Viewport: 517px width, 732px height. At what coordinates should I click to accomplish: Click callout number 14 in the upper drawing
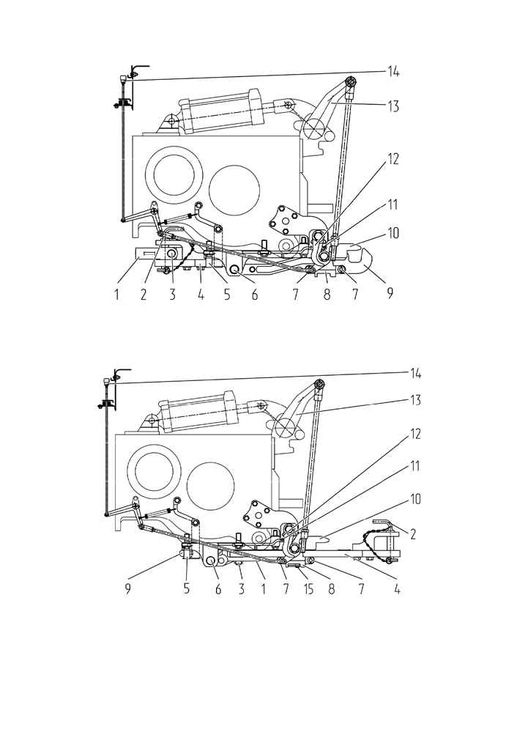393,72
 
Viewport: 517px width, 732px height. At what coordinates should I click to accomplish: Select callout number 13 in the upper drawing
393,106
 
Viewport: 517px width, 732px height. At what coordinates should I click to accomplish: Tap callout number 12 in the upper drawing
393,159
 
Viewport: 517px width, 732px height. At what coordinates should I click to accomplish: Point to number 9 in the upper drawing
390,293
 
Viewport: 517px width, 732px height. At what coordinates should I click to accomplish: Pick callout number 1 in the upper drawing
116,295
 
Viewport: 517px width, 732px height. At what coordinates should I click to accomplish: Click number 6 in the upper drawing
255,295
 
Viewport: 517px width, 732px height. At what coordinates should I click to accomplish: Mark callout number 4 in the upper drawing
201,295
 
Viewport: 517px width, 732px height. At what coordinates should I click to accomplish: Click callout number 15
308,590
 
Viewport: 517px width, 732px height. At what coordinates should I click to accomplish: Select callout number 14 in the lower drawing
414,374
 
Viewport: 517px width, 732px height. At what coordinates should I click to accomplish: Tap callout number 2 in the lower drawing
412,534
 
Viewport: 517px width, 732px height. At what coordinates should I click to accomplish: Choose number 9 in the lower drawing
127,590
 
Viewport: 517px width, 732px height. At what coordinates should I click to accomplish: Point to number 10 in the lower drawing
414,499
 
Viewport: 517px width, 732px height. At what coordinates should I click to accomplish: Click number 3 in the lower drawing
241,590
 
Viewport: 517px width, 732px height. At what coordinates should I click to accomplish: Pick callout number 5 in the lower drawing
187,590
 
